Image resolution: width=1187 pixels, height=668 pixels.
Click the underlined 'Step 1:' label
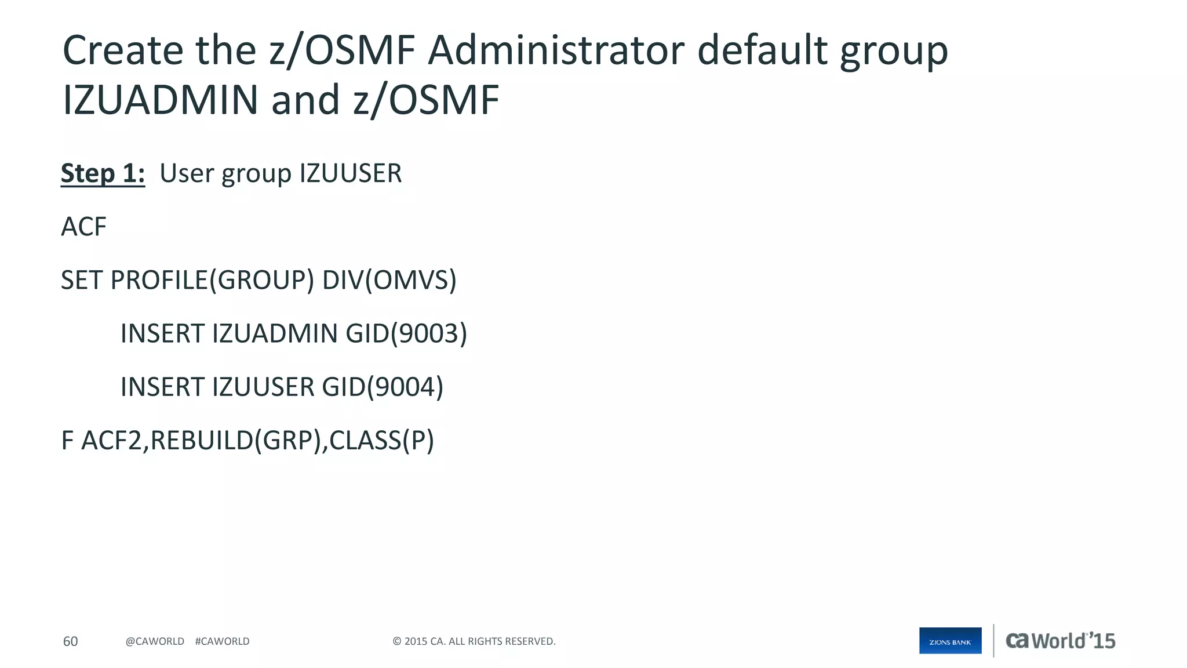tap(103, 173)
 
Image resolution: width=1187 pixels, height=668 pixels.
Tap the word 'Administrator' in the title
tap(556, 50)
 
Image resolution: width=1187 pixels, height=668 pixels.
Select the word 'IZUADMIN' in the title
tap(160, 100)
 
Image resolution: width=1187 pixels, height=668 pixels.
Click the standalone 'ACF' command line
tap(83, 227)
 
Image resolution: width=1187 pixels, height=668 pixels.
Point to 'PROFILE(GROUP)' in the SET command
tap(212, 280)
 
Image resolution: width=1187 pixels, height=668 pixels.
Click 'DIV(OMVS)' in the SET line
tap(389, 280)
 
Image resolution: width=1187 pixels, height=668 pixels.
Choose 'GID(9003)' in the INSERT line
tap(406, 333)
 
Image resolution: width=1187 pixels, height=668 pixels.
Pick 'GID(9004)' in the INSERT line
tap(383, 387)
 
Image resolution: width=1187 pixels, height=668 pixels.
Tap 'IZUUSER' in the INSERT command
tap(263, 387)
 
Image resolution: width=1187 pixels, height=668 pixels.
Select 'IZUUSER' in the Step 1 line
tap(350, 173)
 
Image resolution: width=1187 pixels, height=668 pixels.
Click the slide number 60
tap(70, 641)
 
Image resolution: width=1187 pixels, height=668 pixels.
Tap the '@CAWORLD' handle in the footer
tap(155, 641)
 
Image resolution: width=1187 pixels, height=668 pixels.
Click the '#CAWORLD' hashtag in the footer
tap(222, 641)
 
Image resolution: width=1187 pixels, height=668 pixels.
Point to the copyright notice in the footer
tap(474, 641)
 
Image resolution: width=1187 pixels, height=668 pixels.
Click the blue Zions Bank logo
tap(950, 641)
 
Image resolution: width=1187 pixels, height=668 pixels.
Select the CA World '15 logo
tap(1060, 641)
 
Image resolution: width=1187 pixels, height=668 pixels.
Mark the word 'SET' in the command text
tap(82, 280)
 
